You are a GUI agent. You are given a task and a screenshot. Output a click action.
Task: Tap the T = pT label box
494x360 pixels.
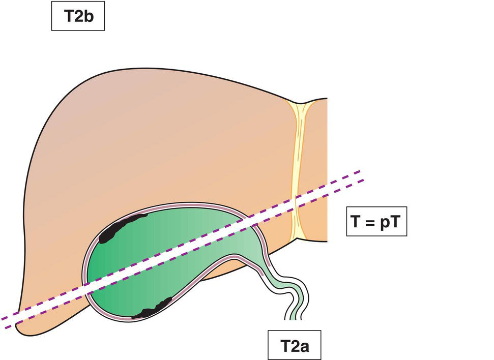(x=376, y=222)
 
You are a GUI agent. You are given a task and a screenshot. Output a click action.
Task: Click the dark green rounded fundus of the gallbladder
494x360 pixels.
(x=102, y=264)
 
